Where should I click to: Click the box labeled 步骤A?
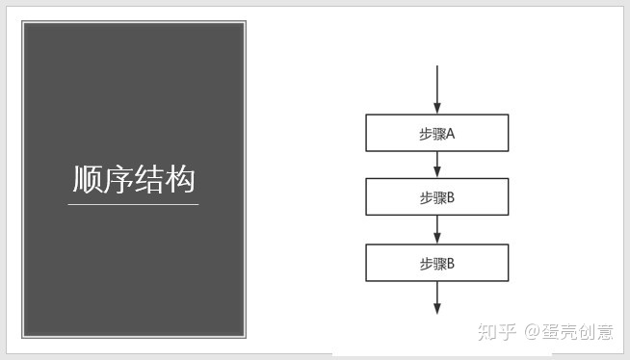436,133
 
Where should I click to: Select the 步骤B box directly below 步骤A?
436,197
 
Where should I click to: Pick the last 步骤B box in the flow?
436,263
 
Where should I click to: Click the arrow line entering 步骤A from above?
437,87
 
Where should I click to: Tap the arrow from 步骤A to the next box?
437,165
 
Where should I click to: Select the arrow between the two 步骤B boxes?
437,229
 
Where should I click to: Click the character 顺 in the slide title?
88,180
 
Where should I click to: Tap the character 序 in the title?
118,180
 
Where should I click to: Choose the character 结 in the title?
149,180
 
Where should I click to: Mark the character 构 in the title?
180,180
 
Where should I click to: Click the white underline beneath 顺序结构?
133,204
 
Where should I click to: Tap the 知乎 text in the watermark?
497,332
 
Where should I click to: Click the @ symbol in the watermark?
531,333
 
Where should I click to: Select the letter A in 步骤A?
450,134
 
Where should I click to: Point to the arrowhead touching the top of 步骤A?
437,108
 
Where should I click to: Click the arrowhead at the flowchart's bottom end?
437,308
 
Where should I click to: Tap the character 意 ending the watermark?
604,332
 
